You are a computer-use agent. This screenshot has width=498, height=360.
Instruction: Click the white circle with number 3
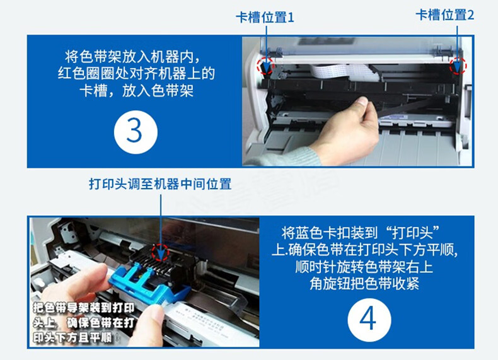136,132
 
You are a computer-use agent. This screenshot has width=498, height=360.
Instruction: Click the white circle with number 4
369,320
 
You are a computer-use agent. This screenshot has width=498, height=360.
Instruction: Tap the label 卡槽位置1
265,17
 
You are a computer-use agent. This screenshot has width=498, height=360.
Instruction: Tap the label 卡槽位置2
444,15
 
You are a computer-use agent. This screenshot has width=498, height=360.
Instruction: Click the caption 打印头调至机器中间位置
160,184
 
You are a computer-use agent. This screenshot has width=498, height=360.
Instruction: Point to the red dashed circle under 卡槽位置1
265,66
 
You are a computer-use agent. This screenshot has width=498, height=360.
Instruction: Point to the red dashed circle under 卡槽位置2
458,66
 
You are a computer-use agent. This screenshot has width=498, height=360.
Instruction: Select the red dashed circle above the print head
160,253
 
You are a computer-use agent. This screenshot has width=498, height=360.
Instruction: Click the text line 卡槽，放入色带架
136,91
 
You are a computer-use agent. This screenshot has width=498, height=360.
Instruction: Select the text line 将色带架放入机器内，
134,57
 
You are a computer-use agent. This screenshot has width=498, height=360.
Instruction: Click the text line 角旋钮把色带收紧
364,284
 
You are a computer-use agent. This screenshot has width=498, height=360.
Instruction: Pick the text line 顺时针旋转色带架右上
364,267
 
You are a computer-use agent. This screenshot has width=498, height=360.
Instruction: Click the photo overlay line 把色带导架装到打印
84,308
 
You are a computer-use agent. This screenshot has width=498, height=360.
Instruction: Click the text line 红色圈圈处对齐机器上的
136,73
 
